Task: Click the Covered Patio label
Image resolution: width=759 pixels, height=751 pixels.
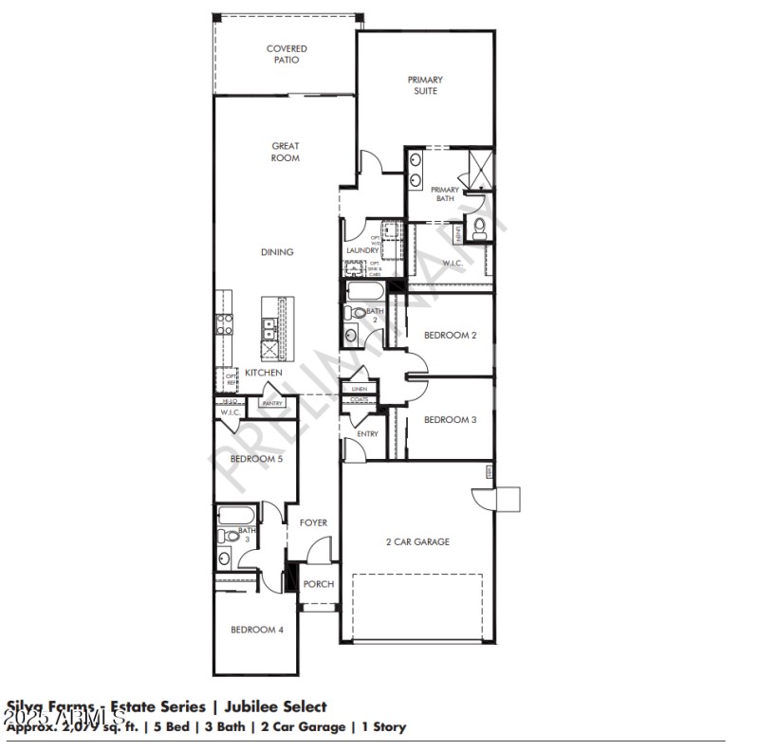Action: pos(286,54)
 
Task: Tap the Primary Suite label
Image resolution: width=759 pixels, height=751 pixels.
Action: pos(425,85)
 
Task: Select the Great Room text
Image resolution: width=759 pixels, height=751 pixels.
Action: pos(286,152)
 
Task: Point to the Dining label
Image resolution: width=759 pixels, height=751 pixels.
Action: pos(278,252)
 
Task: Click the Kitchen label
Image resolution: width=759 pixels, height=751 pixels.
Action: pos(264,373)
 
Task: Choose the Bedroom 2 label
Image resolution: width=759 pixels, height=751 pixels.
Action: pos(450,336)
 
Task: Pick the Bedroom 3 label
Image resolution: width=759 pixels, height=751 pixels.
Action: pos(450,419)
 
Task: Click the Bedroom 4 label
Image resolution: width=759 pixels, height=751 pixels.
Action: pos(257,630)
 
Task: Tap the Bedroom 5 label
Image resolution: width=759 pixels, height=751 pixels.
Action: pos(257,459)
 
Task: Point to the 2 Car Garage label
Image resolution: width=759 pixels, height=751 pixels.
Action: pos(417,541)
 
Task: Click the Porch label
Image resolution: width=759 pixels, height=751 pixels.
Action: pos(318,584)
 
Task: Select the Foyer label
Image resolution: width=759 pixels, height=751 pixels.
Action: pos(314,522)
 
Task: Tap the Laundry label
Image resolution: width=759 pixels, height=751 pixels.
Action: pos(362,250)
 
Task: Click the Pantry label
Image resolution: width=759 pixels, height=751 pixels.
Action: pos(272,404)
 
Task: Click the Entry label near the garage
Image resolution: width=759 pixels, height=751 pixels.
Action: pos(367,434)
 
